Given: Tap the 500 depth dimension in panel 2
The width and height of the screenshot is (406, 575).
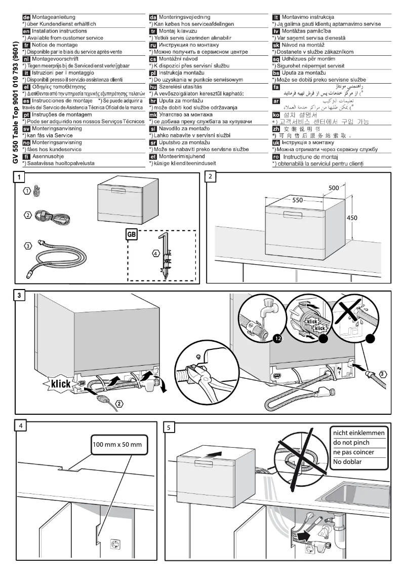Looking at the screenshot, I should (x=334, y=188).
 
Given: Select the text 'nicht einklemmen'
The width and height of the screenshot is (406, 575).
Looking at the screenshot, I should (x=358, y=433).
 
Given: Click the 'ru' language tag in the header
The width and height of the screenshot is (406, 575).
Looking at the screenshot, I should (x=153, y=45).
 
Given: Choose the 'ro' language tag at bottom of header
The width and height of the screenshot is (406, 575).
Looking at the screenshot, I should (x=276, y=157).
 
